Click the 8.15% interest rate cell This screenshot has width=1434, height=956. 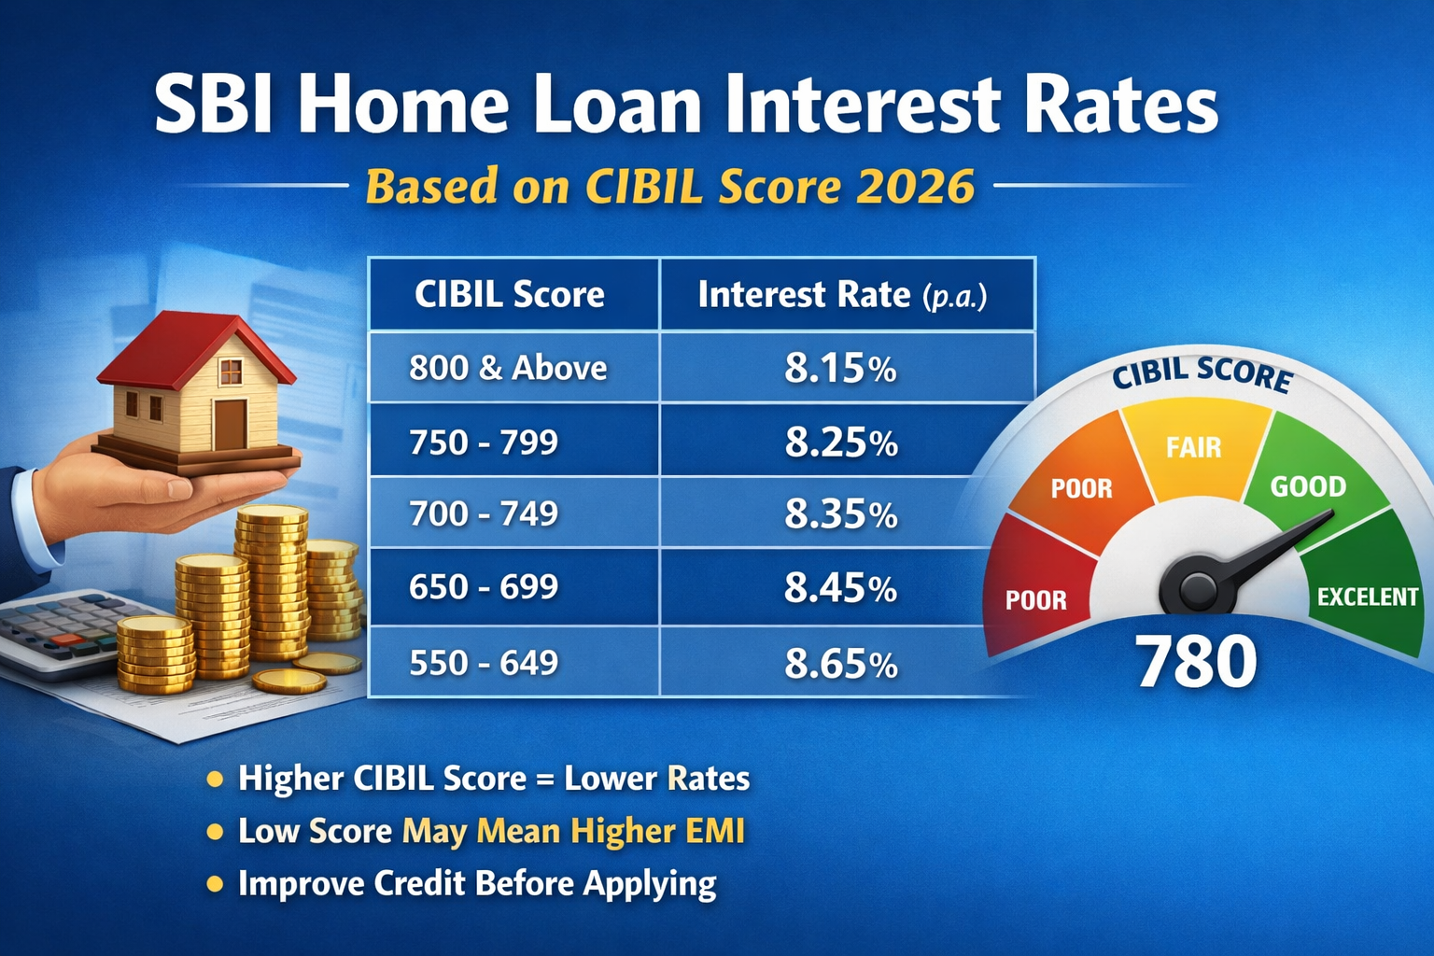[x=840, y=369]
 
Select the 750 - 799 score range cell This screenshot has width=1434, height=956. [x=484, y=442]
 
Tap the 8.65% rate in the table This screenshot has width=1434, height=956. [x=840, y=664]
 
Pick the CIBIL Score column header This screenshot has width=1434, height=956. [x=510, y=295]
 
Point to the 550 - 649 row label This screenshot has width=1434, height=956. [x=484, y=663]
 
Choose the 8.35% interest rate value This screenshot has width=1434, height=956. [x=840, y=514]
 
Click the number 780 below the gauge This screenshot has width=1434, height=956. [x=1196, y=661]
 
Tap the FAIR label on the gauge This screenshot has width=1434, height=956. [x=1193, y=447]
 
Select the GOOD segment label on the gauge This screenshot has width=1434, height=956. [x=1308, y=486]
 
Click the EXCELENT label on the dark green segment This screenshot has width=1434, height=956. [x=1367, y=597]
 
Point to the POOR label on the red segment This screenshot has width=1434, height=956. [x=1035, y=599]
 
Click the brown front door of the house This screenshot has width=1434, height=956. [x=230, y=425]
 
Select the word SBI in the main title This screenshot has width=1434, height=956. [x=214, y=105]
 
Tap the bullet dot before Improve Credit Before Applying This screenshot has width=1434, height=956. [x=215, y=883]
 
